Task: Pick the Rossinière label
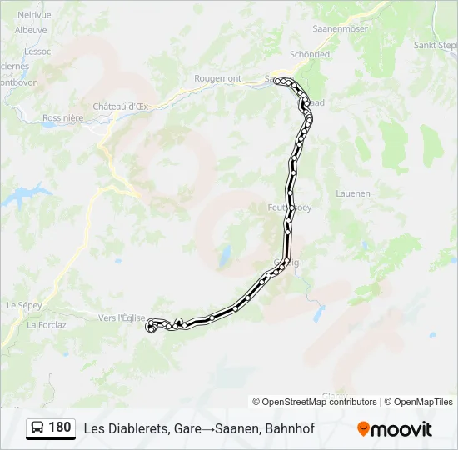pos(63,118)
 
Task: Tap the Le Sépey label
pos(24,306)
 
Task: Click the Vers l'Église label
pos(122,317)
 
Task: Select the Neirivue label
pos(34,14)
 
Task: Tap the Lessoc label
pos(38,51)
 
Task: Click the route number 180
pos(59,427)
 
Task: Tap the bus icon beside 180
pos(38,428)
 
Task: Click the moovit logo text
pos(401,429)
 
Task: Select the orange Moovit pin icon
pos(363,429)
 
